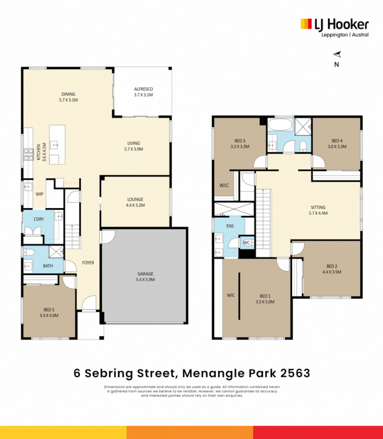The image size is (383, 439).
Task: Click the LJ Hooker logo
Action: pos(334,25)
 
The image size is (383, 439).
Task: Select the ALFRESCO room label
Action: pos(143,89)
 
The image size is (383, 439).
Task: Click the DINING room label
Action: pos(68,94)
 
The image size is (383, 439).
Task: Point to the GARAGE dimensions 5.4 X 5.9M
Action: pos(145,280)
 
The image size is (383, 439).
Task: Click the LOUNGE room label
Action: pos(135,200)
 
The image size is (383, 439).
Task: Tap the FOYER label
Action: pos(88,263)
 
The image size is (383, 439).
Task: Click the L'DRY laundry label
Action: pos(39,219)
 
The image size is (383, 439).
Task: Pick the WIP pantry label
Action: pos(39,194)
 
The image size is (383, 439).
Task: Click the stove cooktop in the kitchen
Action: pos(28,154)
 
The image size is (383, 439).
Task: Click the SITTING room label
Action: pos(318,207)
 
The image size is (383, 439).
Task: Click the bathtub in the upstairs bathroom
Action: pos(280,124)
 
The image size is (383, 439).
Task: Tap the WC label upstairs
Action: pos(246,243)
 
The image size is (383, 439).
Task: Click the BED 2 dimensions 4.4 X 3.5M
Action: pos(331,272)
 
